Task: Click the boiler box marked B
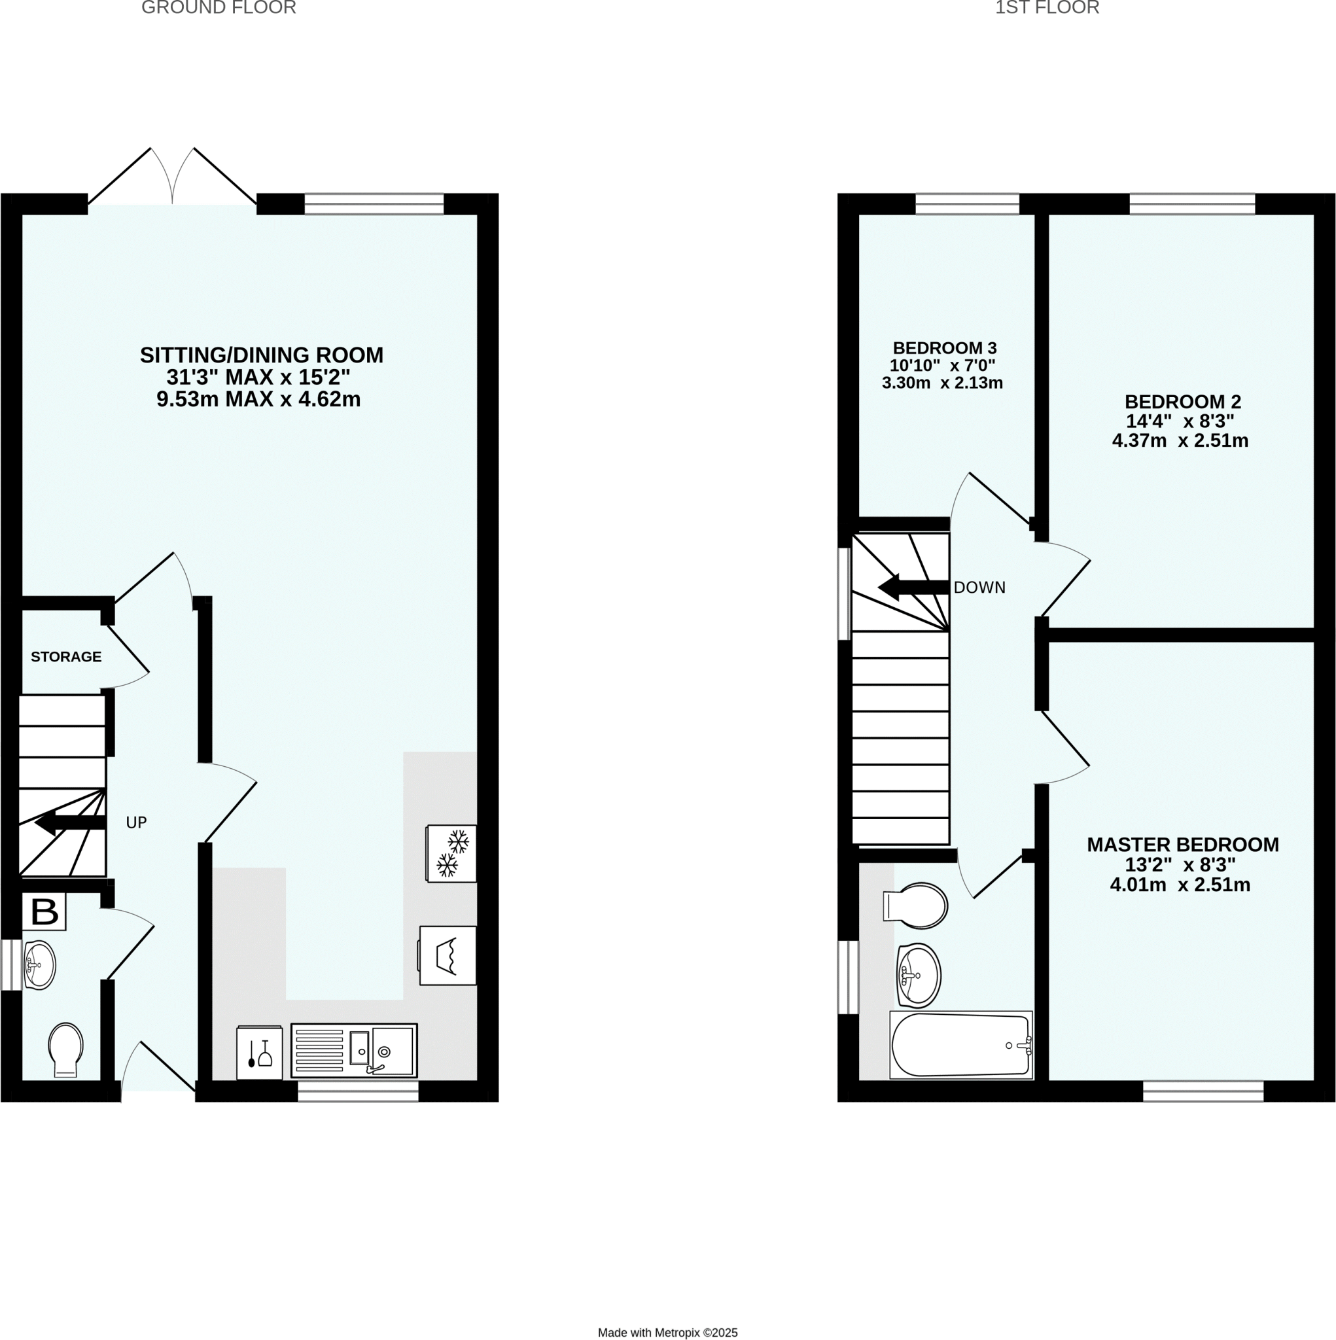pyautogui.click(x=44, y=911)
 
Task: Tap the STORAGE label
pyautogui.click(x=66, y=656)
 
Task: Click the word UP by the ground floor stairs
pyautogui.click(x=136, y=822)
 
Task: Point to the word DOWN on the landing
pyautogui.click(x=979, y=588)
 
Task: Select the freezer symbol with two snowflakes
pyautogui.click(x=451, y=853)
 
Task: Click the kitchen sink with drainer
pyautogui.click(x=354, y=1051)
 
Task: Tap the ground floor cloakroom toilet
pyautogui.click(x=66, y=1049)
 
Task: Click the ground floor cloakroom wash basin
pyautogui.click(x=39, y=964)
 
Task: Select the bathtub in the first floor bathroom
pyautogui.click(x=960, y=1044)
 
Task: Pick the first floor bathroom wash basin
pyautogui.click(x=919, y=975)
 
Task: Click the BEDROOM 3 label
pyautogui.click(x=944, y=348)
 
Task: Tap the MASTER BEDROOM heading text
pyautogui.click(x=1182, y=845)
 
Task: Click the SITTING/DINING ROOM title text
pyautogui.click(x=262, y=355)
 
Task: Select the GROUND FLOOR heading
pyautogui.click(x=219, y=8)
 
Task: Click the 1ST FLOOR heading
pyautogui.click(x=1047, y=8)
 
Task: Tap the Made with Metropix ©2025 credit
pyautogui.click(x=667, y=1332)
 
